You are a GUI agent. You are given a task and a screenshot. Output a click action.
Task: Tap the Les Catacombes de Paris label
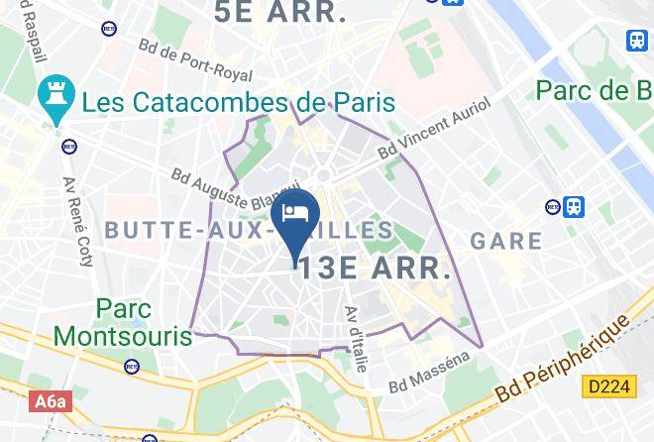(x=238, y=101)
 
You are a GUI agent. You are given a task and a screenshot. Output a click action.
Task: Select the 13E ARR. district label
(x=376, y=268)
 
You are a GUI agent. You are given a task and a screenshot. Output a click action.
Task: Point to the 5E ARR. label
(x=281, y=13)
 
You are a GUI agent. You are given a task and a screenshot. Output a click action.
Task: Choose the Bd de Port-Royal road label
(x=195, y=60)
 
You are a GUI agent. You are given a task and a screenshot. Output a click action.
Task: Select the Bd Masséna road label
(x=431, y=372)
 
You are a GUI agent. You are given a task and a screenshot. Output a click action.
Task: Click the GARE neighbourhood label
(x=506, y=241)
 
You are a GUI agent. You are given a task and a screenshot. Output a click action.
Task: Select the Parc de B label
(x=594, y=91)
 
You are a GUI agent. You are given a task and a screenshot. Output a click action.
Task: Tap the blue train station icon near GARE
(x=574, y=207)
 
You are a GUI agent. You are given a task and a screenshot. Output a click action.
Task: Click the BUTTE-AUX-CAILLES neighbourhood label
(x=248, y=230)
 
